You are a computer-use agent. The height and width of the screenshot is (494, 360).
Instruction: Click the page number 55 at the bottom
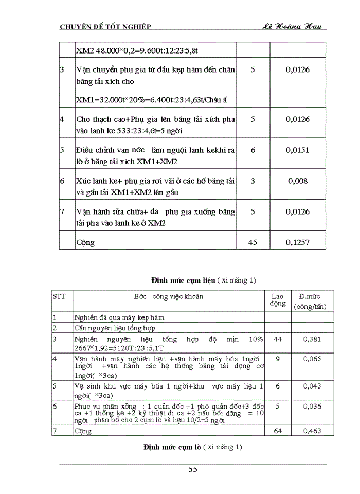[193, 469]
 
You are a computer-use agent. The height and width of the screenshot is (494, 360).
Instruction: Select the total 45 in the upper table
[253, 242]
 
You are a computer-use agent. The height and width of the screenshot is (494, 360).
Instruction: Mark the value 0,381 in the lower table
[312, 339]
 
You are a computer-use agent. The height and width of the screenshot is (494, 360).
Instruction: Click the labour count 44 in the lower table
[278, 339]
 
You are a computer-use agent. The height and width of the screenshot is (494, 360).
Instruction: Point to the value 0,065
[312, 358]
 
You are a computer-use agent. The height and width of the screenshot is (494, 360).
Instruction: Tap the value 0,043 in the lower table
[312, 385]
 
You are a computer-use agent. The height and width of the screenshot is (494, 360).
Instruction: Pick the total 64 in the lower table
[278, 431]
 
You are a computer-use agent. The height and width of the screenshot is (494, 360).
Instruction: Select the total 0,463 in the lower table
[312, 431]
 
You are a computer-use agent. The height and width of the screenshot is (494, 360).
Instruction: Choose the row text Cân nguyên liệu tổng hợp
[115, 328]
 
